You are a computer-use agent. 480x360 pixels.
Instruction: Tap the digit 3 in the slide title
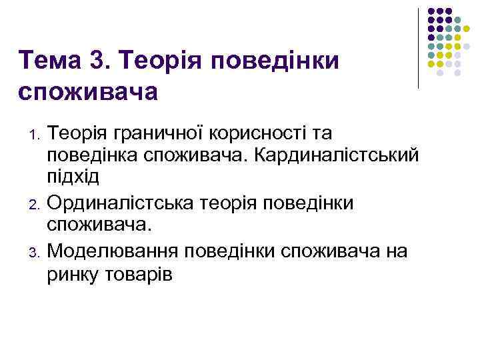[110, 61]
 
